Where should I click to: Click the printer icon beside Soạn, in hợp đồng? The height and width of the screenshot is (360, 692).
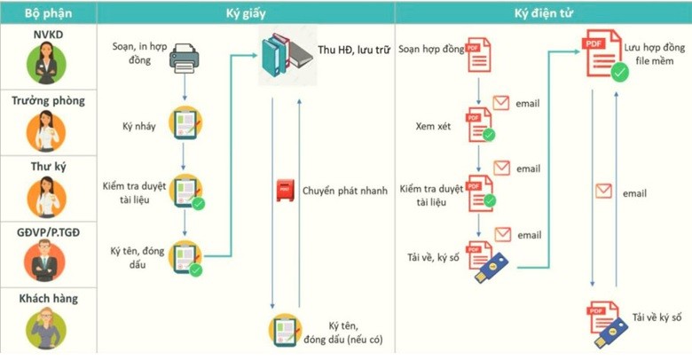(x=184, y=58)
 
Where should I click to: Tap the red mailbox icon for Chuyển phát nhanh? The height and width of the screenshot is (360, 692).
(x=285, y=191)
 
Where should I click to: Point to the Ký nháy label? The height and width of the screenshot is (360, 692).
(x=139, y=127)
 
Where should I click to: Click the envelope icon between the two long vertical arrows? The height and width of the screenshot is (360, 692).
(x=603, y=191)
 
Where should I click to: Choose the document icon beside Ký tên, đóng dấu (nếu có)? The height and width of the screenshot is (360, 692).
(x=284, y=331)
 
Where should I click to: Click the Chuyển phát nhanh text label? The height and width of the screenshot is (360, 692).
(x=345, y=191)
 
